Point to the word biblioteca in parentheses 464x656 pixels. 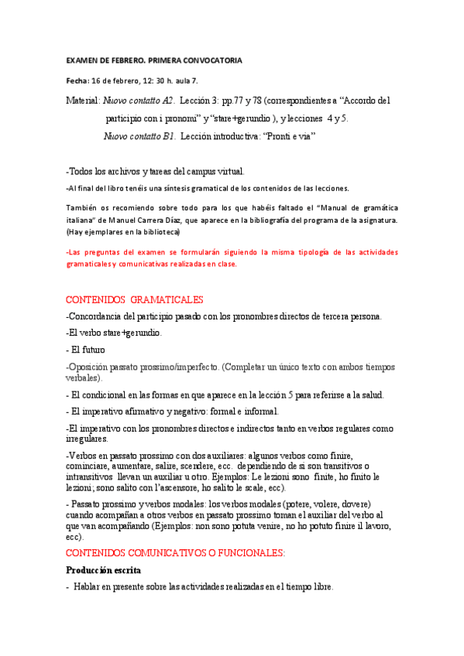157,231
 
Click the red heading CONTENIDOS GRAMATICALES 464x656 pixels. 135,299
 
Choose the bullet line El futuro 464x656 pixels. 88,349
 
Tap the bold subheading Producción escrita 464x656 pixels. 103,570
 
